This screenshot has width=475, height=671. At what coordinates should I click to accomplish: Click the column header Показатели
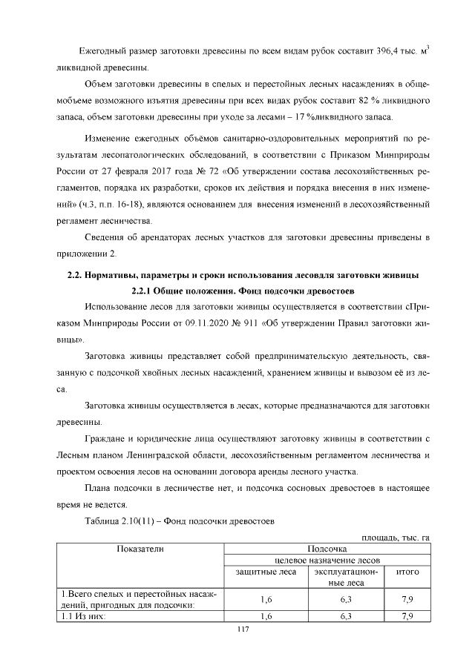[x=139, y=549]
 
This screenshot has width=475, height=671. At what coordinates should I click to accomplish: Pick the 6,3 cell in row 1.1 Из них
[x=345, y=616]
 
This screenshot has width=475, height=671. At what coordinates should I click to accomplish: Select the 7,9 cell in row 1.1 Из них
[x=407, y=616]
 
